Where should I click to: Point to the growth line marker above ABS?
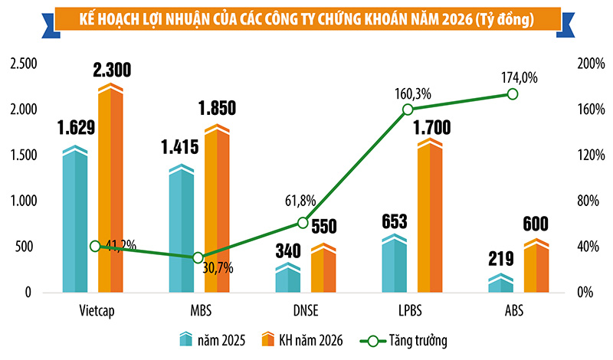coord(513,93)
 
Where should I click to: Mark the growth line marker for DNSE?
coord(303,223)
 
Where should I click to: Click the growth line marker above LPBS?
coord(408,110)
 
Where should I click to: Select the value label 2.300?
coord(110,71)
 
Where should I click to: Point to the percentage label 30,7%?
coord(218,269)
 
